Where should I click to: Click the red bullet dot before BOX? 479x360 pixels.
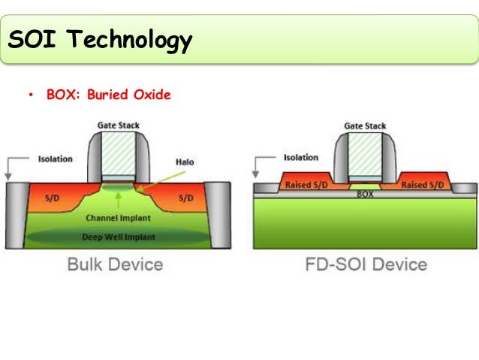[31, 96]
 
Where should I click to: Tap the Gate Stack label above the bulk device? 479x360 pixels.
[118, 125]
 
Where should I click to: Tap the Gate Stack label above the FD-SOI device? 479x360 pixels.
[365, 126]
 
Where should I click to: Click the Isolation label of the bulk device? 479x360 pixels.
[55, 159]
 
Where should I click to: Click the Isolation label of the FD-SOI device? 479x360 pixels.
[300, 158]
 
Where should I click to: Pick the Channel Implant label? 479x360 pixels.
[118, 218]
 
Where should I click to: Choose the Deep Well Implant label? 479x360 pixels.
[118, 237]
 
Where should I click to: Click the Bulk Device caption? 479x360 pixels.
[115, 265]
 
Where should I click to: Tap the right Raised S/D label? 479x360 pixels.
[424, 185]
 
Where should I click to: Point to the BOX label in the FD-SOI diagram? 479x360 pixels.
[365, 193]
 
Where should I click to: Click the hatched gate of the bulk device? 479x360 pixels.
[118, 154]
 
